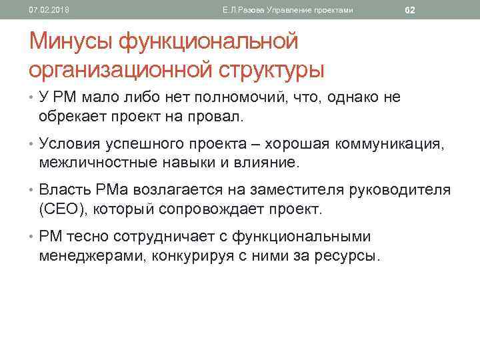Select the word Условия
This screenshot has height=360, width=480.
click(70, 143)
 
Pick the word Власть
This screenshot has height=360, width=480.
click(63, 190)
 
